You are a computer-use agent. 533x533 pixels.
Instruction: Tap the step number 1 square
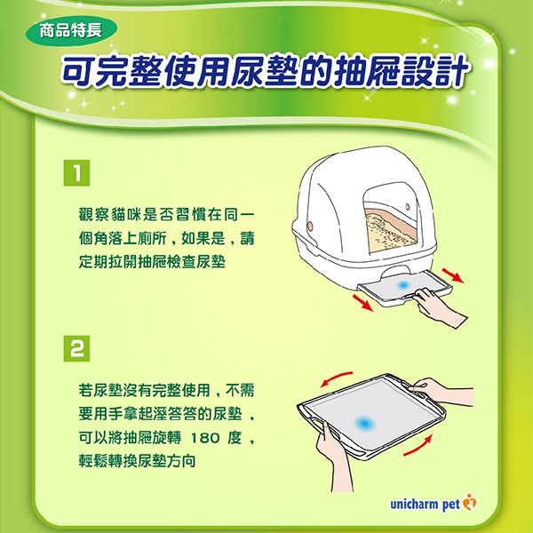(76, 173)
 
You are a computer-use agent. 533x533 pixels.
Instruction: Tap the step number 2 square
(76, 348)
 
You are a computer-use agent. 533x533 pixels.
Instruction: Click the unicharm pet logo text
(425, 504)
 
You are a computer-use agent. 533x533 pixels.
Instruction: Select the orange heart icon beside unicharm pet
(470, 502)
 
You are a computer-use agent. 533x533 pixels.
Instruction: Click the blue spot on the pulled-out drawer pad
(403, 285)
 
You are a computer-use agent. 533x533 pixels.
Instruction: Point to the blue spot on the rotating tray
(364, 424)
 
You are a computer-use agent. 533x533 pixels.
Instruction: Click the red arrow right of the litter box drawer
(453, 275)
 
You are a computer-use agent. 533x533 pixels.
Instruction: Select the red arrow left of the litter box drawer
(362, 303)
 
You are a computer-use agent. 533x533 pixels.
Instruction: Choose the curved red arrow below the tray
(418, 446)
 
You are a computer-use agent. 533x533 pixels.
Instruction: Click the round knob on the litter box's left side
(310, 226)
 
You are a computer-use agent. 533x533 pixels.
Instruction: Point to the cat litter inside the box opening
(391, 231)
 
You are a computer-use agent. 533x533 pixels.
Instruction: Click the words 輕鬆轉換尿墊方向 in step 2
(137, 461)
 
